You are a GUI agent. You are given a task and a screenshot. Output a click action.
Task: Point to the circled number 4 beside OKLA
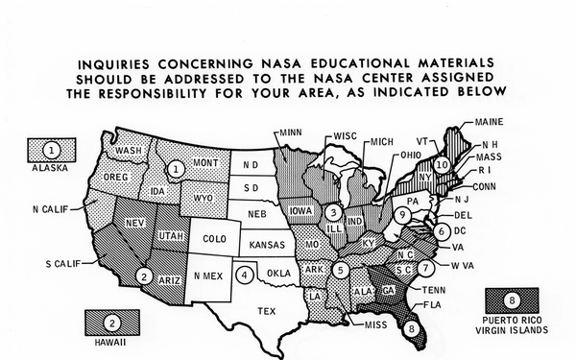[x=247, y=274]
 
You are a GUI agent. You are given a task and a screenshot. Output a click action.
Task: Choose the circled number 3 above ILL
[x=331, y=211]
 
